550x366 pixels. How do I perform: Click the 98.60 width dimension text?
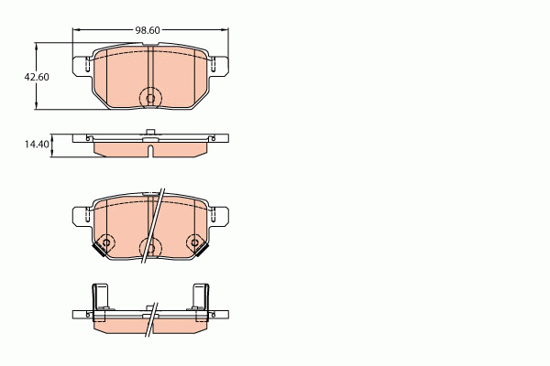[148, 30]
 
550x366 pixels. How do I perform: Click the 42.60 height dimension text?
[37, 77]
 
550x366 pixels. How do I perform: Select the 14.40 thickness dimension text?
[37, 145]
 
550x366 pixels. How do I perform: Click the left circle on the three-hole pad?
[106, 242]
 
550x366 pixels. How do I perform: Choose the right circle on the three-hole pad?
[194, 242]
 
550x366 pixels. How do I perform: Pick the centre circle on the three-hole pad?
[149, 245]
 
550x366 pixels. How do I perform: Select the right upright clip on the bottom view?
[199, 298]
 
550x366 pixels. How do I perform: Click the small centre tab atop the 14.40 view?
[149, 134]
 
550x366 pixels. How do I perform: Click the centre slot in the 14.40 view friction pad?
[149, 147]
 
